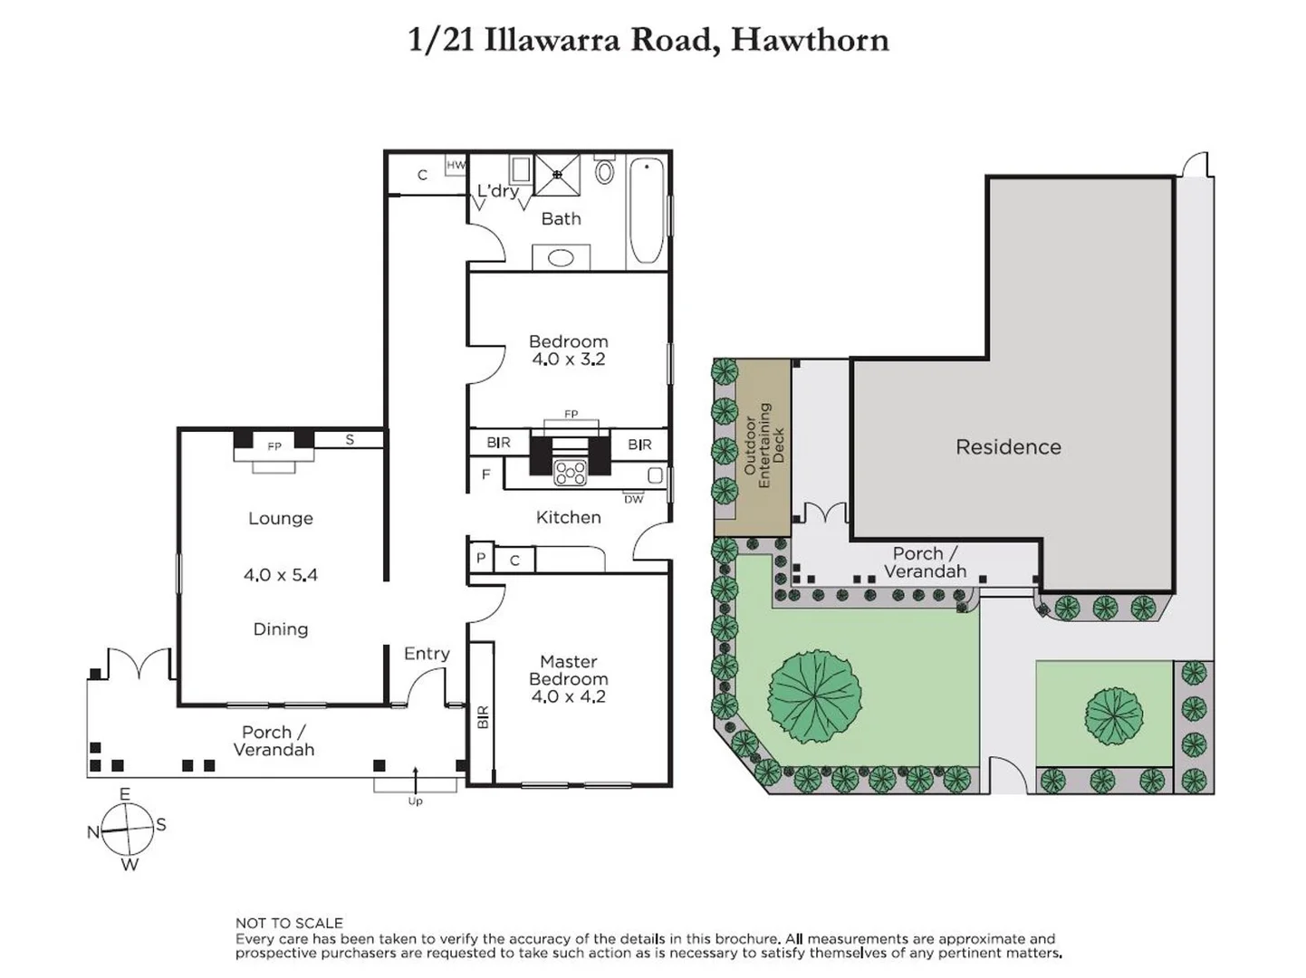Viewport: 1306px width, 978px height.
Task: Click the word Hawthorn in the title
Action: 810,40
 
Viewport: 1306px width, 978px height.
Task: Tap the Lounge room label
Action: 281,518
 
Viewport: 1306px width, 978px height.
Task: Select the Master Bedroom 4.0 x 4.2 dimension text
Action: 568,696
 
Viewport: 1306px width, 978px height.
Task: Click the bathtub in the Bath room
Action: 647,210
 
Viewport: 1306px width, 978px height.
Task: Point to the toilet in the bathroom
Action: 605,170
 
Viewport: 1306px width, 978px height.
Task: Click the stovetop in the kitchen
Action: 571,472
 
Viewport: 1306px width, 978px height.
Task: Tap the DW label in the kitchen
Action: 634,499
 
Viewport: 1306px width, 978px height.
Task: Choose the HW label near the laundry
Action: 456,165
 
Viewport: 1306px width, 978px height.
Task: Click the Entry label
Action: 427,653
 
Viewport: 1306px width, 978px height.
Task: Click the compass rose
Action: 128,829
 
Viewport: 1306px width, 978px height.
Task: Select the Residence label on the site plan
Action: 1008,446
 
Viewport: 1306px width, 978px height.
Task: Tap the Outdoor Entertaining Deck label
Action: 763,445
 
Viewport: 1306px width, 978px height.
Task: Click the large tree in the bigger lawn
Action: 815,695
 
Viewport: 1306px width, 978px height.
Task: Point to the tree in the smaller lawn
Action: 1113,714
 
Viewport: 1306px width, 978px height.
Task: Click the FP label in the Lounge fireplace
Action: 274,446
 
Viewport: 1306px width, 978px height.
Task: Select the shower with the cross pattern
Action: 557,175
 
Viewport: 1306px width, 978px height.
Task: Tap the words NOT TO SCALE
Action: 289,923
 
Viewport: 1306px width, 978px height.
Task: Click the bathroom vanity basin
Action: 561,258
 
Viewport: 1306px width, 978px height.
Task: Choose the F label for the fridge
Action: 485,474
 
